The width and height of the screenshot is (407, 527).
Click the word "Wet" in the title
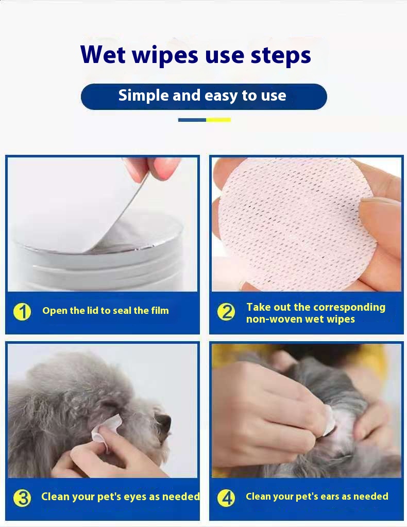103,54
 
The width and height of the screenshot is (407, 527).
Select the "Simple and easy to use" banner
204,97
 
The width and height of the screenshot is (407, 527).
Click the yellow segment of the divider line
218,120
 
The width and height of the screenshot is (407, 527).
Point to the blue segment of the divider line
192,120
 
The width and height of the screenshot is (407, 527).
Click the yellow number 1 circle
22,312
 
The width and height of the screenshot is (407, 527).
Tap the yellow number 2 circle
226,312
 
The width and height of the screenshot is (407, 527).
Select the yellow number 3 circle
22,498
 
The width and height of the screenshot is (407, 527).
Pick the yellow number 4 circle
226,498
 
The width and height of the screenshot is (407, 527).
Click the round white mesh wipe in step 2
297,223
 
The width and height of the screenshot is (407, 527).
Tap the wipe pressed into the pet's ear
328,421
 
